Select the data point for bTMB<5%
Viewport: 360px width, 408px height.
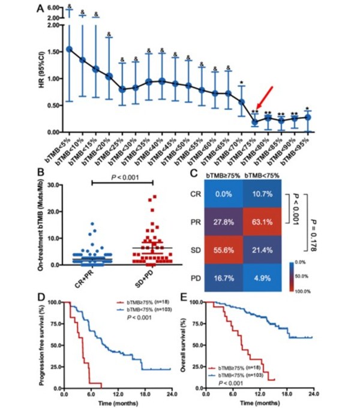70,49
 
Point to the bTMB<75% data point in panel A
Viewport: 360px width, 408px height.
254,122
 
